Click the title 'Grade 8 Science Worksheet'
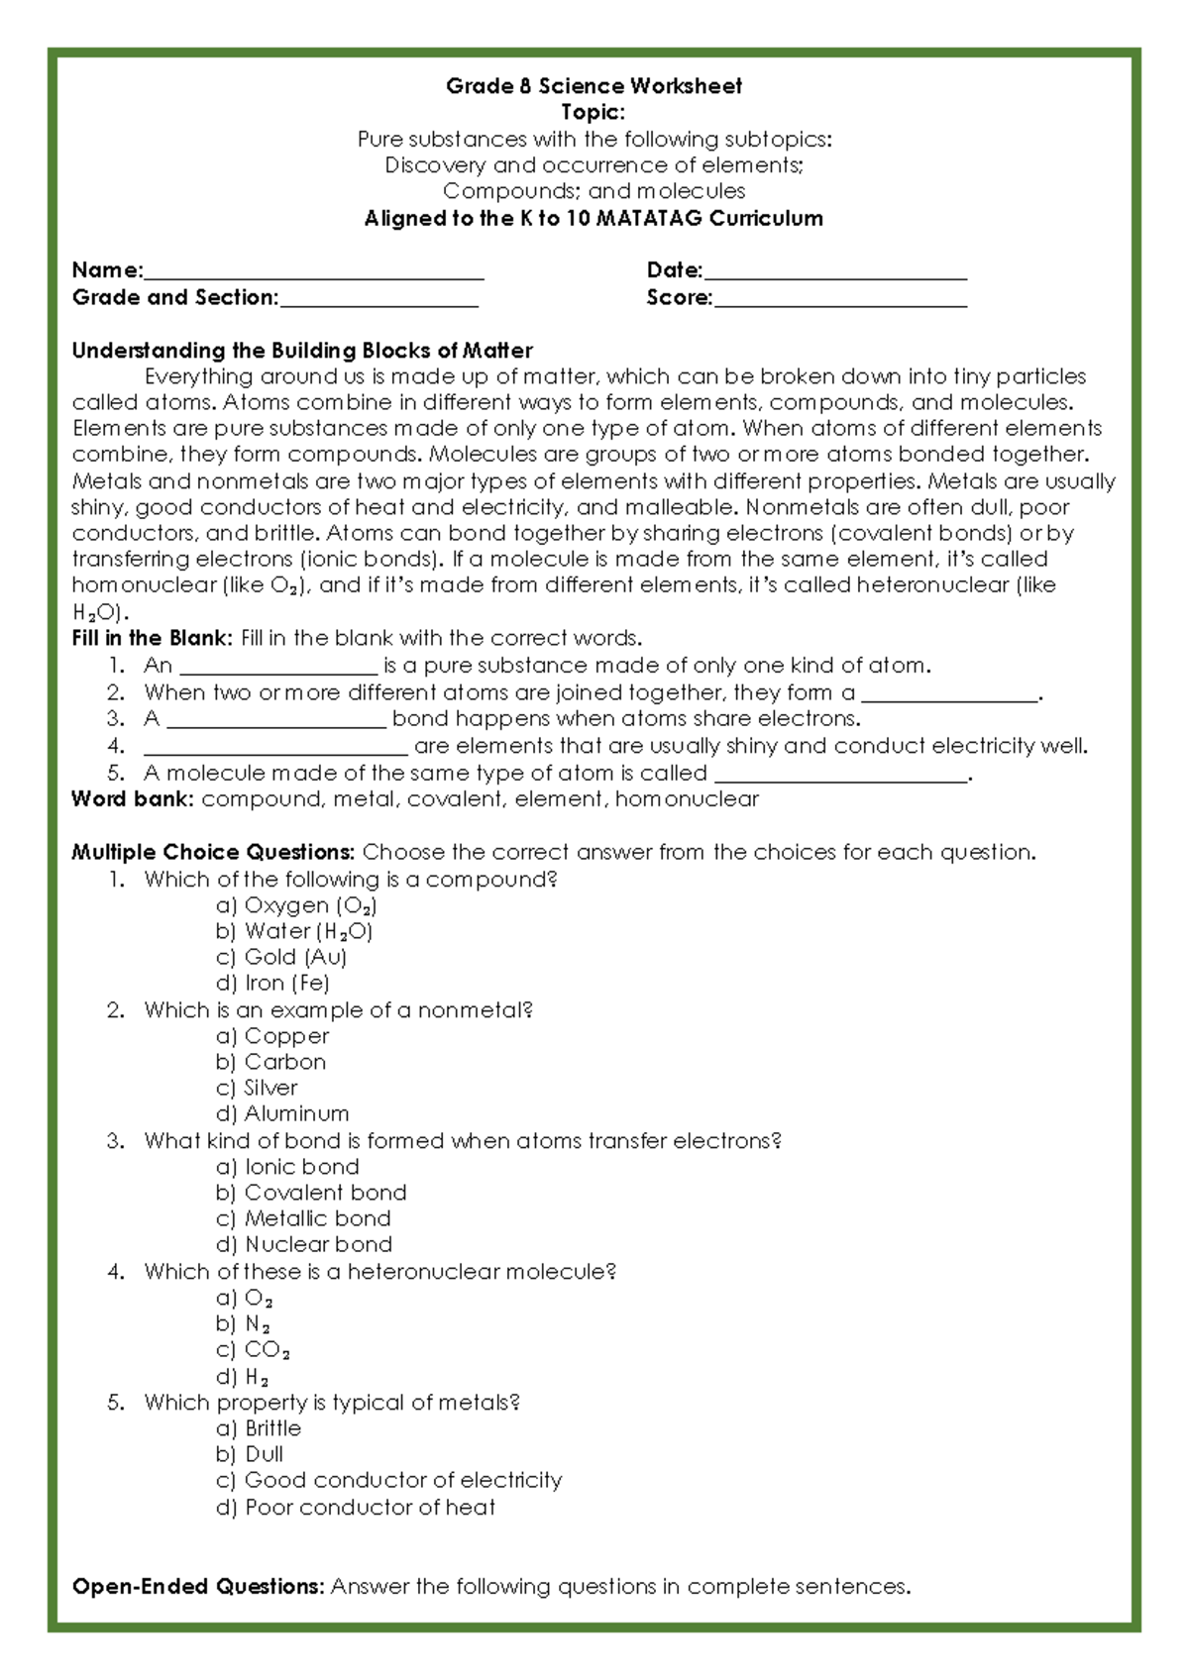click(x=594, y=86)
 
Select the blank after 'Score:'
click(x=839, y=299)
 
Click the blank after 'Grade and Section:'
click(x=378, y=299)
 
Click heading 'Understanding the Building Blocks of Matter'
click(x=302, y=351)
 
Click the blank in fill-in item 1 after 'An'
click(x=278, y=666)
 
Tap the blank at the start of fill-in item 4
click(x=275, y=747)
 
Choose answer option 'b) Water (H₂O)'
click(x=294, y=931)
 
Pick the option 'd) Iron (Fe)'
click(x=272, y=984)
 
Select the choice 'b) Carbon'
click(x=270, y=1062)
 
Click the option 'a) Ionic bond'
click(x=287, y=1167)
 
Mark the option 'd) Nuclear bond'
click(x=303, y=1245)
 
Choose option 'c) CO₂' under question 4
click(x=254, y=1350)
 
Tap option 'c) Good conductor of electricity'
click(x=388, y=1481)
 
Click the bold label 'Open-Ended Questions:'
click(x=198, y=1587)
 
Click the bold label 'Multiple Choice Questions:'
click(x=213, y=853)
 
